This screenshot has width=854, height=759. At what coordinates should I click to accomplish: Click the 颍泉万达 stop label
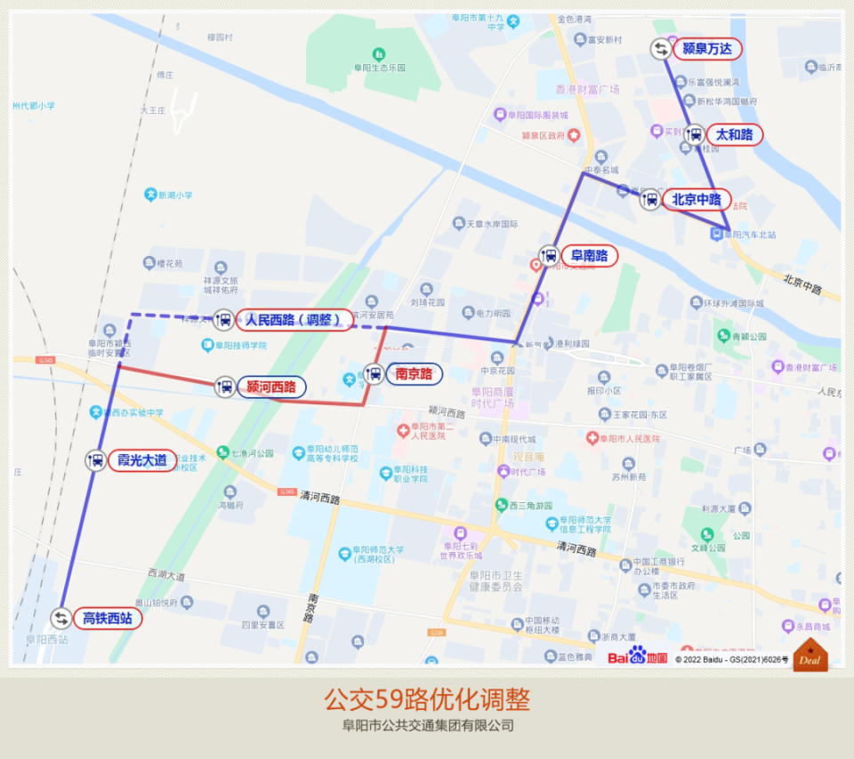tap(707, 49)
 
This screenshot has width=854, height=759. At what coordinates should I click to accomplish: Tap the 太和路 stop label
tap(735, 135)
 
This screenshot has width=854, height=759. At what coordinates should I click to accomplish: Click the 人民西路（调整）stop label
tap(294, 320)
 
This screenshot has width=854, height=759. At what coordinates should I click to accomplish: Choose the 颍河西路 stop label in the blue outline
tap(271, 387)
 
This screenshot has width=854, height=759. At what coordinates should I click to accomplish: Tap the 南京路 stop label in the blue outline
tap(415, 374)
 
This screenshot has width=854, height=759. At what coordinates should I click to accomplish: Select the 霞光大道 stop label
tap(141, 460)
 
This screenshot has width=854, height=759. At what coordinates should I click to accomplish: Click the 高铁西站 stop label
tap(107, 618)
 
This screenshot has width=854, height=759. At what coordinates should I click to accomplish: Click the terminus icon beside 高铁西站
tap(60, 618)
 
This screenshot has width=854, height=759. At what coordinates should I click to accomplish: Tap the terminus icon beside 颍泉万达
tap(661, 49)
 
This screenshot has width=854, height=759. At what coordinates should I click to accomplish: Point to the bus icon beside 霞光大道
tap(96, 460)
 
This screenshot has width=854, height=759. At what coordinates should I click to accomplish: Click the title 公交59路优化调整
tap(427, 699)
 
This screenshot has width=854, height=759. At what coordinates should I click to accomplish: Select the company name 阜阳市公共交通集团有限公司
tap(428, 725)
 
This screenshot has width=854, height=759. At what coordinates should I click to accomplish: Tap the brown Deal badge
tap(810, 656)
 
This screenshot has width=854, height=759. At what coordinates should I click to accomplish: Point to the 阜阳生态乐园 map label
tap(378, 68)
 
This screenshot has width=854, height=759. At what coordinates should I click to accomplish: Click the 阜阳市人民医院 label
tap(629, 438)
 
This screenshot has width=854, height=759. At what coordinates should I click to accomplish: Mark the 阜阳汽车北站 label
tap(748, 235)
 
